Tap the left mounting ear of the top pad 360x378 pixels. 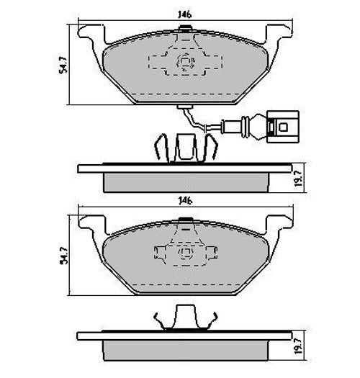point(89,35)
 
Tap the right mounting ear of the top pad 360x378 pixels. point(279,35)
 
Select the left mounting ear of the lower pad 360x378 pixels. point(89,224)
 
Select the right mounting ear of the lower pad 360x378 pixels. point(279,224)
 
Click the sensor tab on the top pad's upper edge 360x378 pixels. point(184,30)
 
